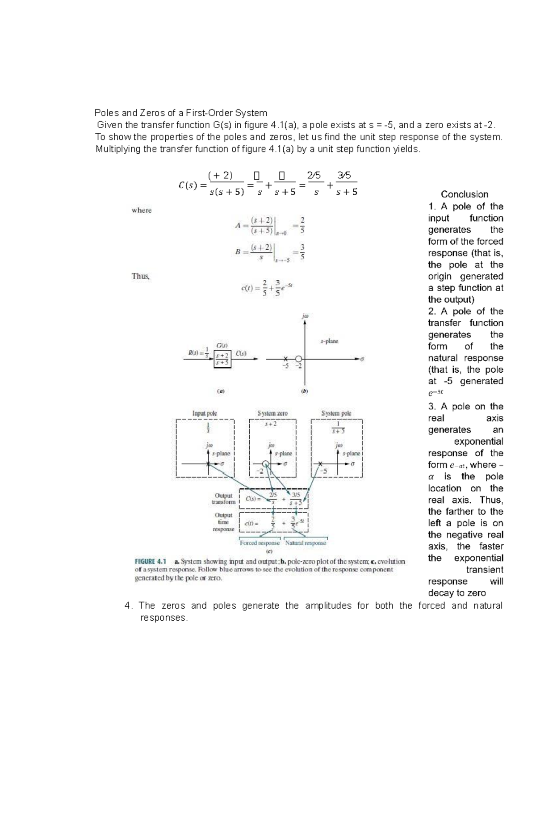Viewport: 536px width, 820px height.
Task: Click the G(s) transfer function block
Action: tap(222, 359)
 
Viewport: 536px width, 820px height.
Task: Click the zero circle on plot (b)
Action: tap(299, 358)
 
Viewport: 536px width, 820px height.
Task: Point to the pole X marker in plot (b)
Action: tap(285, 358)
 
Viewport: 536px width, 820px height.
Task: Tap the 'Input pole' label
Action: tap(205, 413)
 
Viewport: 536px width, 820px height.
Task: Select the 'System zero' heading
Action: tap(272, 413)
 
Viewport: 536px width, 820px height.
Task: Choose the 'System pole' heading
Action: tap(336, 413)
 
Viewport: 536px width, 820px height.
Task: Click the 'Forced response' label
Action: tap(260, 543)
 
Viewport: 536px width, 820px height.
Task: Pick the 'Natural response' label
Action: tap(306, 543)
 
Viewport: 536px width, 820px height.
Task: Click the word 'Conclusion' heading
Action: tap(465, 194)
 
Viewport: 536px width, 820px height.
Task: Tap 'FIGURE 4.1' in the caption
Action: tap(151, 561)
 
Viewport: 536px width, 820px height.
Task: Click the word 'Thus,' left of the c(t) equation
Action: tap(141, 276)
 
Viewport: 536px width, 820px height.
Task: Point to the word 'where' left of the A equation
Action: tap(142, 210)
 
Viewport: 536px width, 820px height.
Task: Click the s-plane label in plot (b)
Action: tap(329, 341)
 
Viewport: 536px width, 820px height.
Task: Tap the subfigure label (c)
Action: tap(269, 551)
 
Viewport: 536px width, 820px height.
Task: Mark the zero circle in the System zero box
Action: tap(266, 464)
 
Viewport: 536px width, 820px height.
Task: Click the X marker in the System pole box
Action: tap(320, 464)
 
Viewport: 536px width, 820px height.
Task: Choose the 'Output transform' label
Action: tap(223, 499)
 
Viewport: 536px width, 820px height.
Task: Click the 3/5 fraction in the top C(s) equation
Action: tap(344, 176)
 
